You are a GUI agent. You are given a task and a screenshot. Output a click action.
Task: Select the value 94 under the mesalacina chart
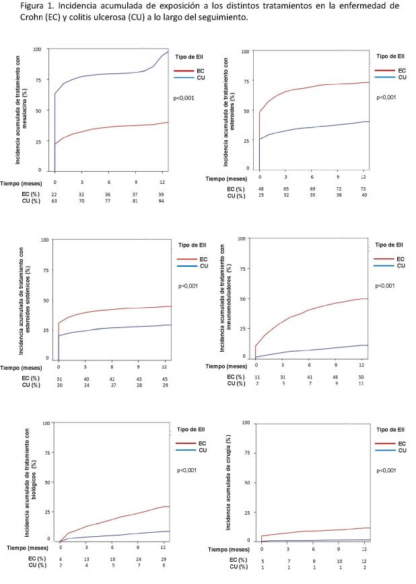tap(162, 201)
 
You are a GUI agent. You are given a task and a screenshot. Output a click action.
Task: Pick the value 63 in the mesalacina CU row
tap(55, 201)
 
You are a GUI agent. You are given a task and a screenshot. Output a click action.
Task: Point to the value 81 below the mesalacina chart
tap(135, 201)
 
